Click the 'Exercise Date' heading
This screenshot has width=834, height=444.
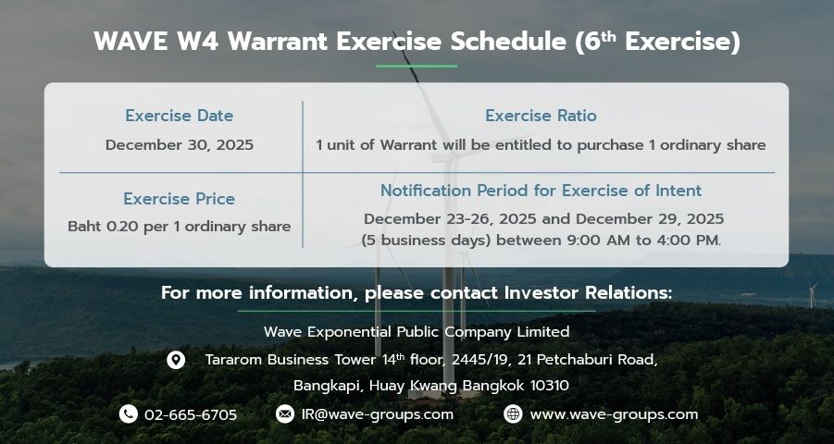click(180, 116)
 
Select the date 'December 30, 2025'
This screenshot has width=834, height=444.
click(180, 144)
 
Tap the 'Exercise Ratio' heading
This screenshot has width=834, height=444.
click(541, 116)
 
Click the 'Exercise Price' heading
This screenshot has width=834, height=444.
click(180, 199)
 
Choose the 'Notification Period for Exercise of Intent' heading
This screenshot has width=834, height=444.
click(541, 191)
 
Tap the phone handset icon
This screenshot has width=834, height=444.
click(128, 413)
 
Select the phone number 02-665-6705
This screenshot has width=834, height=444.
click(191, 414)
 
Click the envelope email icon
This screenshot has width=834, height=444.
click(284, 413)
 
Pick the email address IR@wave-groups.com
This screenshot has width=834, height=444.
click(378, 414)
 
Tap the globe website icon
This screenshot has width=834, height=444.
click(513, 413)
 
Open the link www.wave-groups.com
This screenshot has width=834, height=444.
click(614, 414)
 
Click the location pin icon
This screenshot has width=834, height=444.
click(176, 360)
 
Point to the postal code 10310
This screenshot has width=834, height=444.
click(550, 386)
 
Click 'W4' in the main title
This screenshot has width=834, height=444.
click(198, 42)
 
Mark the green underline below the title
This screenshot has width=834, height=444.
click(417, 66)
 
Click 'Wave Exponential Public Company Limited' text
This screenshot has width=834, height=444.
click(417, 332)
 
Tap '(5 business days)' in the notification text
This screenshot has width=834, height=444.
click(426, 240)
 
